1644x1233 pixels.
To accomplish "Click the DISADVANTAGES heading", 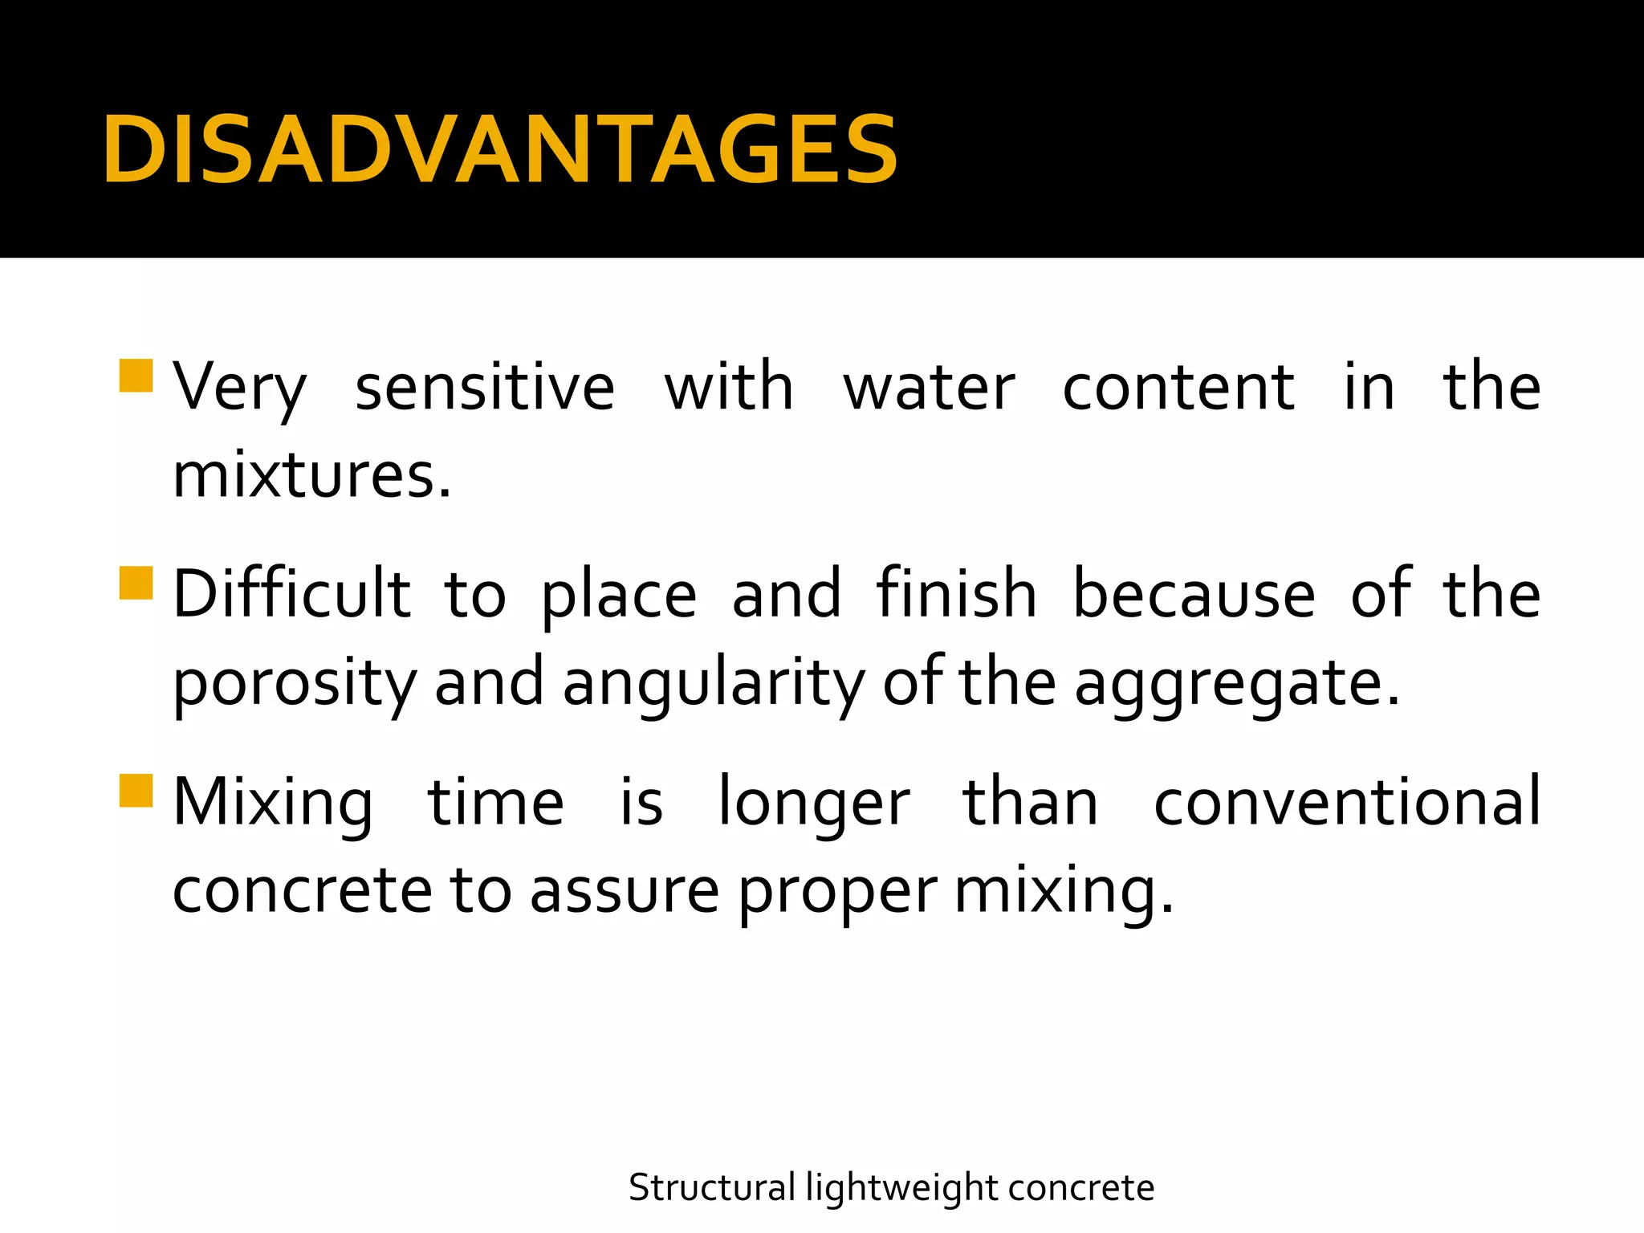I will [x=499, y=150].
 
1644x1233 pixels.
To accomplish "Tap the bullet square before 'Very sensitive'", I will [x=136, y=376].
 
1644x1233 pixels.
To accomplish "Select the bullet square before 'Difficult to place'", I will [x=136, y=583].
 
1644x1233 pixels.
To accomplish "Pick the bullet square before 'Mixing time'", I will [x=136, y=790].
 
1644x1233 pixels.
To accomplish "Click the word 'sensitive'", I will [x=485, y=388].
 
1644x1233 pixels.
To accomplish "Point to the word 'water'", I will [x=929, y=388].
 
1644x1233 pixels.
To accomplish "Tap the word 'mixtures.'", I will [x=312, y=476].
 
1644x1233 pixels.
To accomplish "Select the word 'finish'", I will [x=956, y=595].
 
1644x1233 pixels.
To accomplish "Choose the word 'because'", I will [x=1194, y=595].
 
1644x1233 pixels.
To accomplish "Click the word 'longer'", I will [x=813, y=804].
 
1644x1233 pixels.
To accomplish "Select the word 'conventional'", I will [x=1347, y=802].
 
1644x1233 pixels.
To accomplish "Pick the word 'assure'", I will [x=625, y=891].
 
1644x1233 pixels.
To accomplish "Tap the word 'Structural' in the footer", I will [x=712, y=1187].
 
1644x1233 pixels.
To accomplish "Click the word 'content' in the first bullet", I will [x=1178, y=388].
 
